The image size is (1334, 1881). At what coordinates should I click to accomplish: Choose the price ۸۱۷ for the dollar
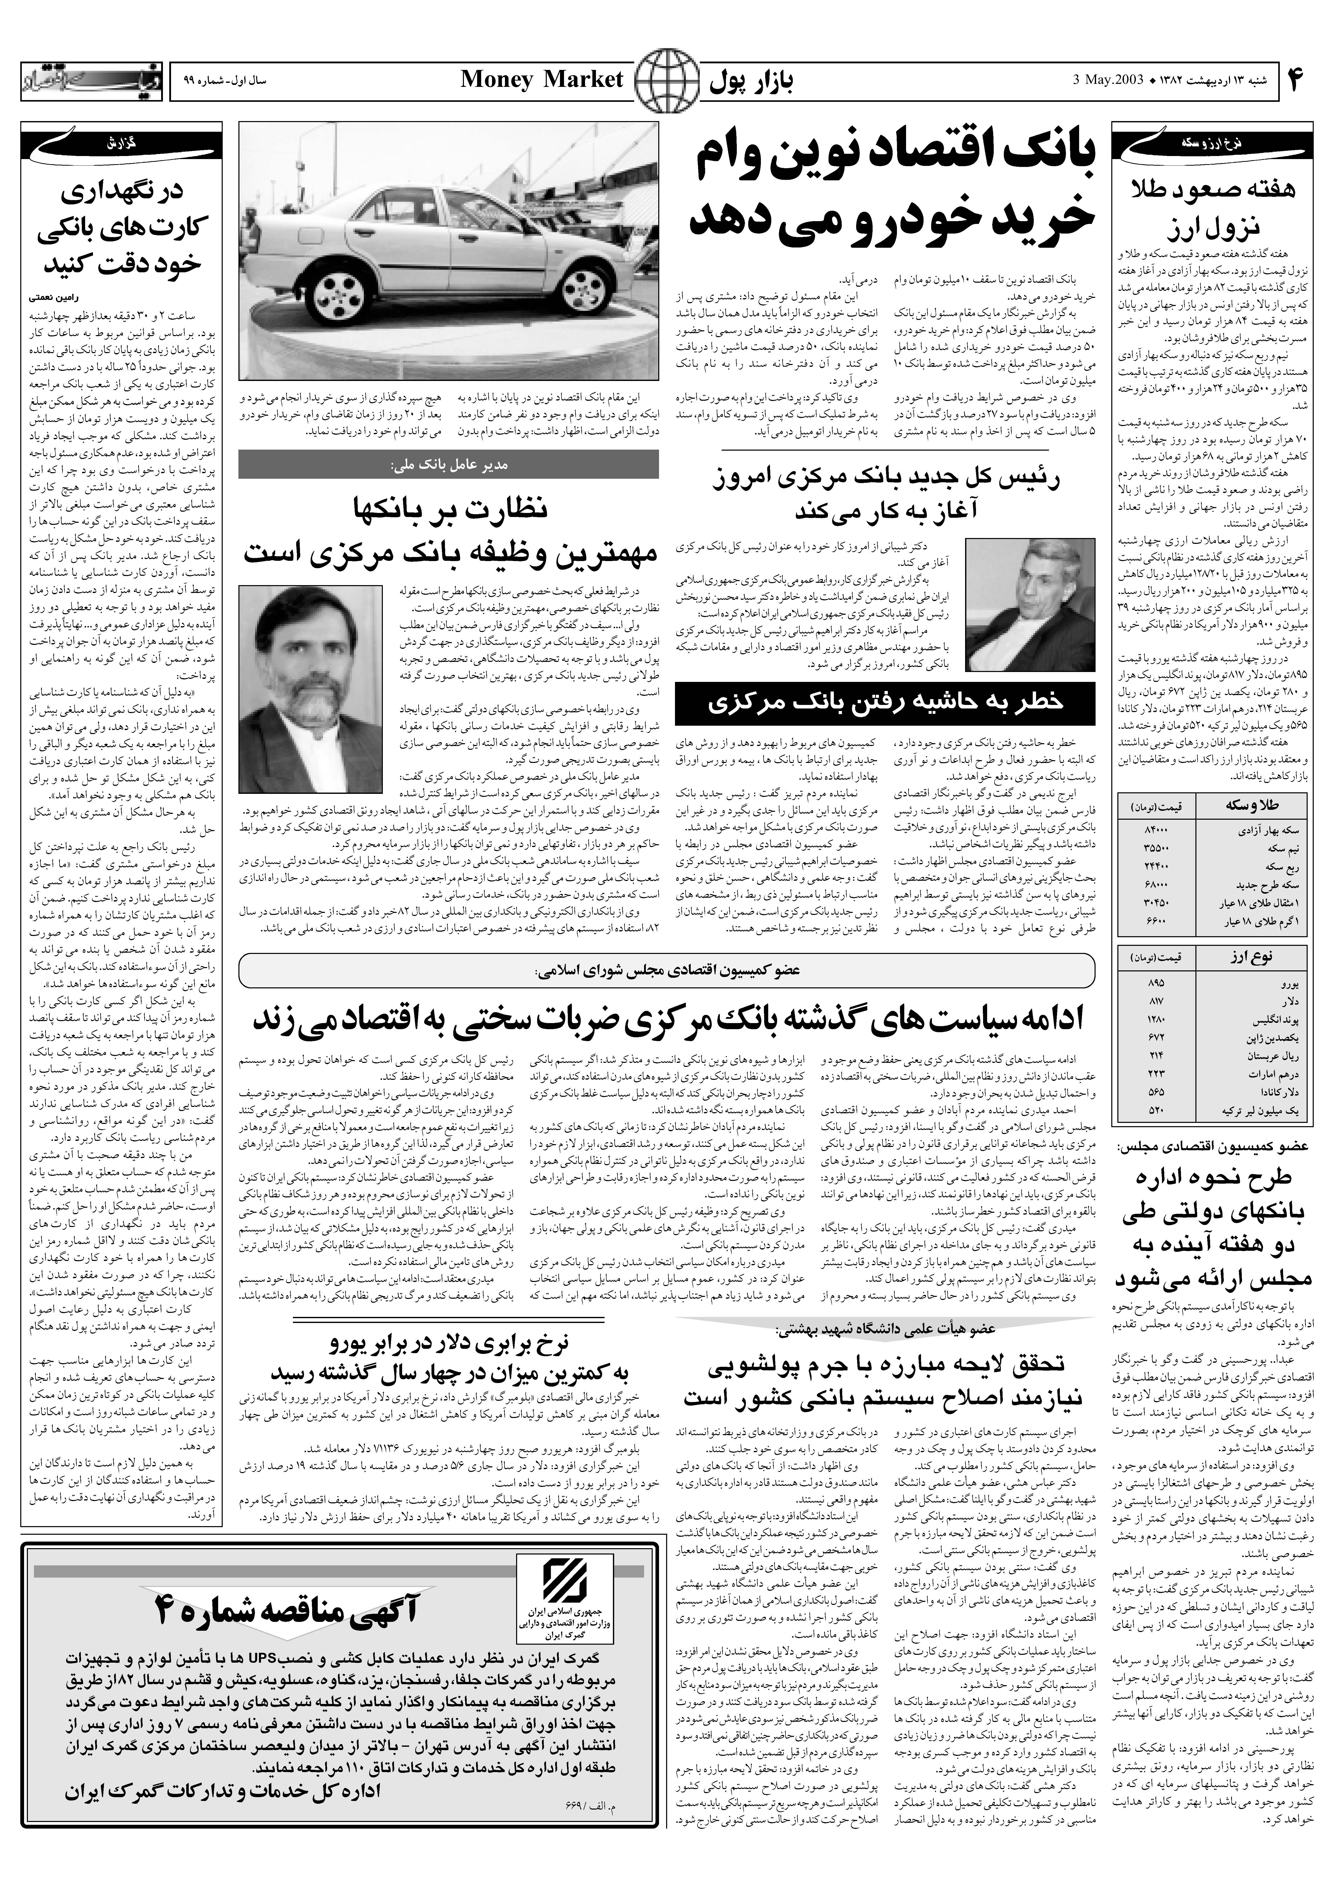point(1155,1002)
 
